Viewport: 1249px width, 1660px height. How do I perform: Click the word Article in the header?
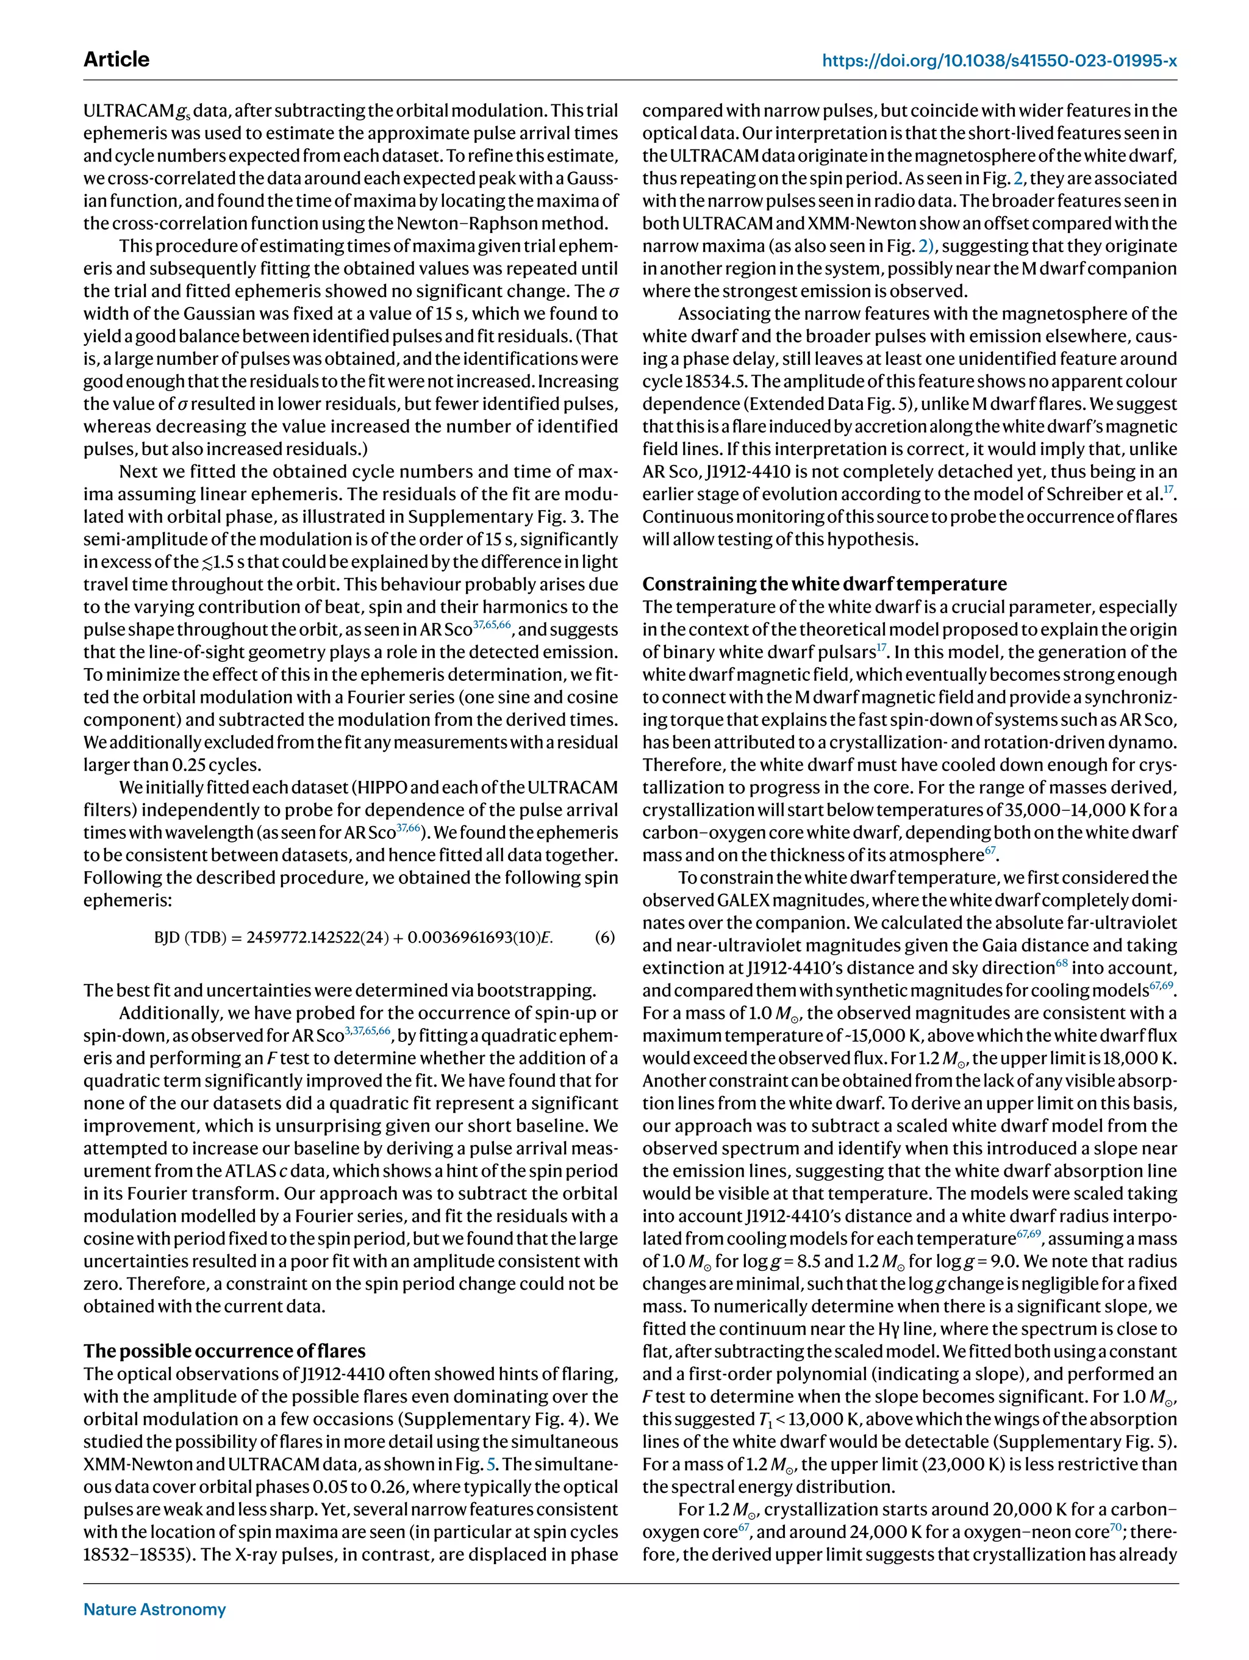pyautogui.click(x=116, y=59)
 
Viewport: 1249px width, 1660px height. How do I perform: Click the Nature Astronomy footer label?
pyautogui.click(x=154, y=1609)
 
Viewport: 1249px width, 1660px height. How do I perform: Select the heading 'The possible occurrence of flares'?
pyautogui.click(x=224, y=1351)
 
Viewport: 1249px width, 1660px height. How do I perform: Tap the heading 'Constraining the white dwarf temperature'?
pyautogui.click(x=825, y=584)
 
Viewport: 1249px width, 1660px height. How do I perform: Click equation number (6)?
pyautogui.click(x=604, y=937)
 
